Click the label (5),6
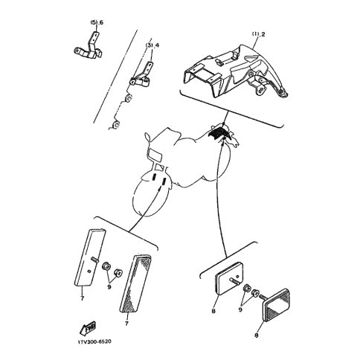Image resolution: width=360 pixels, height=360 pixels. click(97, 22)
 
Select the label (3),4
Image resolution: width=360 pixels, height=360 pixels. click(152, 45)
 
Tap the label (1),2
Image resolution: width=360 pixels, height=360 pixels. click(259, 34)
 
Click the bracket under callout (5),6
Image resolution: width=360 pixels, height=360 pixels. click(89, 46)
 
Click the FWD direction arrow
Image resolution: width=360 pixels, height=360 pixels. click(88, 329)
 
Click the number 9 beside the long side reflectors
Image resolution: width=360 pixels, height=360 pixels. click(109, 286)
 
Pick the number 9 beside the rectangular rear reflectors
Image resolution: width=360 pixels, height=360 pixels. click(240, 309)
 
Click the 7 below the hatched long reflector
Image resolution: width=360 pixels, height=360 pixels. click(126, 324)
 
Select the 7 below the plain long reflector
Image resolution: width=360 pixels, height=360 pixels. click(83, 298)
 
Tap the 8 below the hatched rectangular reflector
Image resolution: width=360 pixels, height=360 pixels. click(257, 335)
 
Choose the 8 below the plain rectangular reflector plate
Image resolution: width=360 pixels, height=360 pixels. click(213, 310)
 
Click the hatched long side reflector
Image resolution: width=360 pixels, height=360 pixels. click(135, 284)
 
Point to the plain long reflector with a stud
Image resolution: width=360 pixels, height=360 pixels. click(89, 257)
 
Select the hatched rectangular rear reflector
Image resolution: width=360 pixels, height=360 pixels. click(275, 305)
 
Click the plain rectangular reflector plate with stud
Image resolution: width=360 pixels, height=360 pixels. click(228, 278)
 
